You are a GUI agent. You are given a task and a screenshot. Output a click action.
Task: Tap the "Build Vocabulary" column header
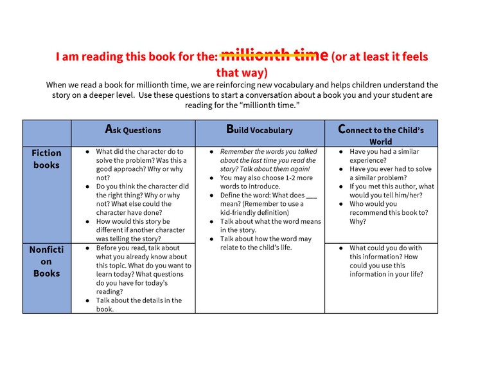260,129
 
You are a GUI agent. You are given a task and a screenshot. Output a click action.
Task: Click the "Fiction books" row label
47,159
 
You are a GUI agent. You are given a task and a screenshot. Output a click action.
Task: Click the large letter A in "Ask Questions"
109,129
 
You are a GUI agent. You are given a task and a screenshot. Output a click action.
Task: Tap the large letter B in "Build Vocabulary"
231,129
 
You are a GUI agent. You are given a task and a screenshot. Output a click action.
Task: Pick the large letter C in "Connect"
343,129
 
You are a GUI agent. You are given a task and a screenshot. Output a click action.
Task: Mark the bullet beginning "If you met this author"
391,190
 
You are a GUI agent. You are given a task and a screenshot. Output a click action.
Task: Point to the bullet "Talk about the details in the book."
138,304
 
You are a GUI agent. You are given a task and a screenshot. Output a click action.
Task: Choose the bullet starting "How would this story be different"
139,230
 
